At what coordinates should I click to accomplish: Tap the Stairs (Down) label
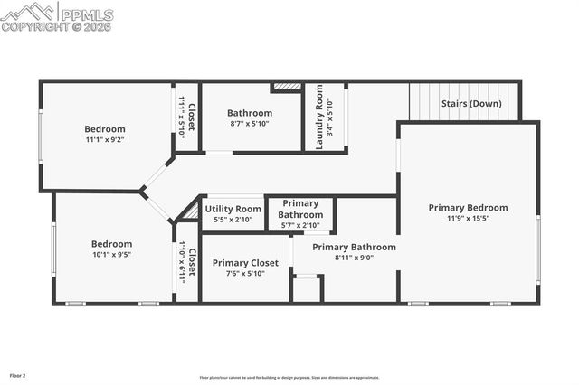pyautogui.click(x=471, y=103)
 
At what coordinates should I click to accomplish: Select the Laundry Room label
pyautogui.click(x=318, y=117)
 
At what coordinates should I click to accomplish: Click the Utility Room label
pyautogui.click(x=236, y=209)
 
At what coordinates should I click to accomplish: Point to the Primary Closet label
pyautogui.click(x=245, y=263)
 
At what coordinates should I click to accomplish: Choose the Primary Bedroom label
pyautogui.click(x=468, y=207)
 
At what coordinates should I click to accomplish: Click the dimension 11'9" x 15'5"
pyautogui.click(x=468, y=218)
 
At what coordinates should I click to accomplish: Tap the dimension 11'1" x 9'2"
pyautogui.click(x=105, y=140)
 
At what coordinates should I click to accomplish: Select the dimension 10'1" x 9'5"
pyautogui.click(x=111, y=255)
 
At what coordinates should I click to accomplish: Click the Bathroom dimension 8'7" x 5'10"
pyautogui.click(x=250, y=124)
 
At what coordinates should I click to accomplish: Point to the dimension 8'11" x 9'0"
pyautogui.click(x=354, y=258)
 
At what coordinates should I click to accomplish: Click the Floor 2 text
pyautogui.click(x=18, y=374)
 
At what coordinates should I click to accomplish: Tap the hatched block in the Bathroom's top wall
pyautogui.click(x=286, y=88)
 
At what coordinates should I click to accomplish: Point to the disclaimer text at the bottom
pyautogui.click(x=290, y=378)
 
